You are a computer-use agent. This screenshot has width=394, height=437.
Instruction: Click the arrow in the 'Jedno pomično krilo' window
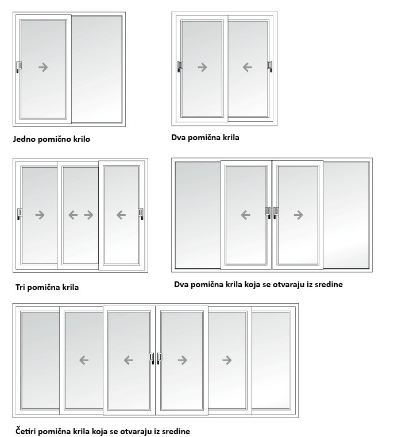point(43,67)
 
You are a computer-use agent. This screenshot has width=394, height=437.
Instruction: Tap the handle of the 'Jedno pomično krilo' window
point(19,67)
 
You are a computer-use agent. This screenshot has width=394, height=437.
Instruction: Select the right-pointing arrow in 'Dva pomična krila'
point(202,67)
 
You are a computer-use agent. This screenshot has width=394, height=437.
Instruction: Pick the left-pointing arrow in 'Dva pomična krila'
point(248,67)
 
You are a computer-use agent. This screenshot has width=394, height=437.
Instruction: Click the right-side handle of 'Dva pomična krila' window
point(270,67)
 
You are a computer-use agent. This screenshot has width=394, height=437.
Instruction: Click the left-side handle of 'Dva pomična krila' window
point(180,67)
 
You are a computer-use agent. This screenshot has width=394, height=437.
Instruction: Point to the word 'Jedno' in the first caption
point(24,139)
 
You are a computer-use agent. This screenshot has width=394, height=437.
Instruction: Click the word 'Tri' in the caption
point(20,287)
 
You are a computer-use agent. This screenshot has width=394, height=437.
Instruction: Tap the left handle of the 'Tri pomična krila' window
point(20,214)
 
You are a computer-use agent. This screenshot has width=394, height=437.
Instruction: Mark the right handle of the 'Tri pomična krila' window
point(141,214)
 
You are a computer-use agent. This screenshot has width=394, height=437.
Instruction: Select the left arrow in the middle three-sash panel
point(73,215)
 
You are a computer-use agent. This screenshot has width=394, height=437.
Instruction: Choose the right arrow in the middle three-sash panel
point(88,215)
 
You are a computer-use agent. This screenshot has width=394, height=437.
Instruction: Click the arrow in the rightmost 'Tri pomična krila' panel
point(121,215)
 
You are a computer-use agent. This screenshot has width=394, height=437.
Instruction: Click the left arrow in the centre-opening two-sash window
point(246,215)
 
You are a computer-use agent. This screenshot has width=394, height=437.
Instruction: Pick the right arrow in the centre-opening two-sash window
point(298,215)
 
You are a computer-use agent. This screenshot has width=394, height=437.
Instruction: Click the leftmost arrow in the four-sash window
point(84,360)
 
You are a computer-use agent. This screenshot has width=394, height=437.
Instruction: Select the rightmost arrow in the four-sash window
point(227,360)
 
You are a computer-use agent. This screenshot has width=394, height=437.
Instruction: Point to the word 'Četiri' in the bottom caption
point(28,431)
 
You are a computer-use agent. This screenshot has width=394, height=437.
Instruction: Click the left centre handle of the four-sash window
point(152,358)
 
